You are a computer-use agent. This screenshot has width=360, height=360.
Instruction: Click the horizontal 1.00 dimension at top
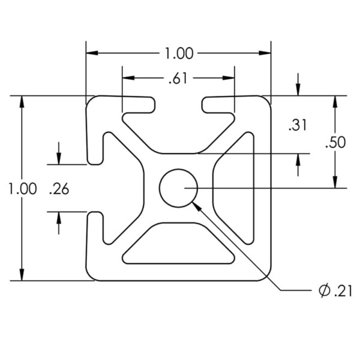[x=179, y=53]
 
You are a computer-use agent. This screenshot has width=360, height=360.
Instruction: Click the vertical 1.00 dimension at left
[x=23, y=189]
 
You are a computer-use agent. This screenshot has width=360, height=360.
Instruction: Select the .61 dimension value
[x=178, y=79]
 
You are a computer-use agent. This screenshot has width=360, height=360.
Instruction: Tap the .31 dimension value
[x=298, y=125]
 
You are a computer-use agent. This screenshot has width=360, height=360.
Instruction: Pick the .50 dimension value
[x=335, y=142]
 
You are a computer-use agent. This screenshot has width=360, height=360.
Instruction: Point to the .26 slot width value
[x=59, y=190]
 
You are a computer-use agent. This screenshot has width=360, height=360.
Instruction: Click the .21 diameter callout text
[x=343, y=292]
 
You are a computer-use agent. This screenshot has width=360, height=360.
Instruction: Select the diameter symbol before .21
[x=324, y=291]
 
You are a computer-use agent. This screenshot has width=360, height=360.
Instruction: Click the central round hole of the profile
[x=178, y=188]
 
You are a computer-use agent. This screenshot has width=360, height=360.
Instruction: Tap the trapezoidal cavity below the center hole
[x=178, y=244]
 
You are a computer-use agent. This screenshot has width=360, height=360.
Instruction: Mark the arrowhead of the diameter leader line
[x=197, y=206]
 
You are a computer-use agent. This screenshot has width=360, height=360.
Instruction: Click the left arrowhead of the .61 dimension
[x=128, y=78]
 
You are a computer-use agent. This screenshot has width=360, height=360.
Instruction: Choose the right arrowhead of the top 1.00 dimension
[x=265, y=53]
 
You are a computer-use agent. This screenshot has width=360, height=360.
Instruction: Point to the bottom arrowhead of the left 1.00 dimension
[x=22, y=275]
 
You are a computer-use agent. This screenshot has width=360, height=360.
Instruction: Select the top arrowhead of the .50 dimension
[x=335, y=102]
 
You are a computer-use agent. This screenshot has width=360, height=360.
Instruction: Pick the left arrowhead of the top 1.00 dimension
[x=92, y=53]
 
